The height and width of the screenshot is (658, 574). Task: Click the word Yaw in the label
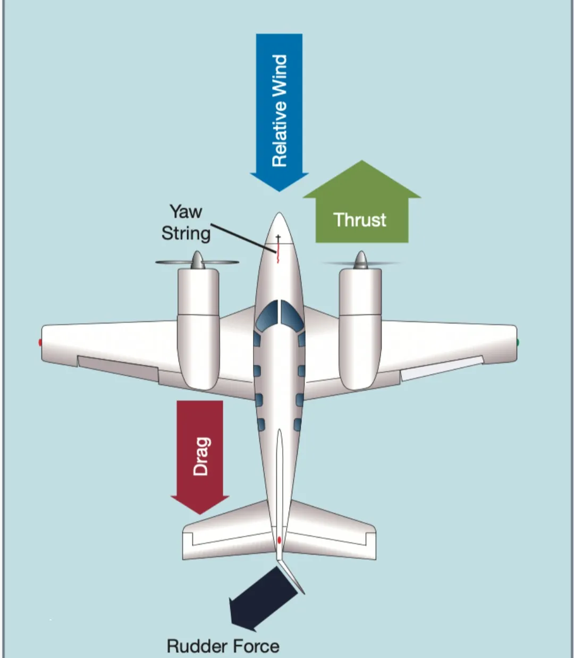pos(186,212)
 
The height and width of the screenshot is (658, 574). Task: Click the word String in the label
pos(186,233)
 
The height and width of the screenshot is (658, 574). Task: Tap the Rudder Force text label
pos(223,646)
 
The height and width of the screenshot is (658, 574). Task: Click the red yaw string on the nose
pos(277,251)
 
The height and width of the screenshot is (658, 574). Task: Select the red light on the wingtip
pos(40,342)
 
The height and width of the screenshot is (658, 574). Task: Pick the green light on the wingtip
pos(518,342)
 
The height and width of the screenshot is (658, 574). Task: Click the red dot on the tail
pos(279,540)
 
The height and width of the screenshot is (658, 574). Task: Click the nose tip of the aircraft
pos(279,213)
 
